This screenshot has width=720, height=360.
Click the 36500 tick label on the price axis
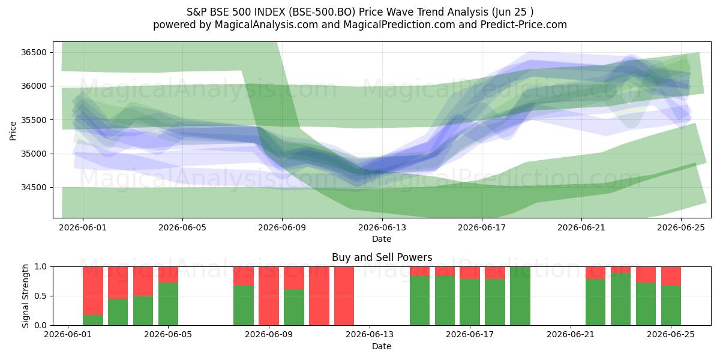[x=34, y=52]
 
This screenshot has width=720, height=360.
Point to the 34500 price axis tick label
[x=34, y=187]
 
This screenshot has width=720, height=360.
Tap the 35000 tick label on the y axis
[x=34, y=154]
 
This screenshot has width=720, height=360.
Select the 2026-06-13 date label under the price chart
[x=382, y=227]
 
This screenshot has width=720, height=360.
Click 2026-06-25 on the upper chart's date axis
[x=681, y=227]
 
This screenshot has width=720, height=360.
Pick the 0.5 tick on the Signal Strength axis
[x=41, y=296]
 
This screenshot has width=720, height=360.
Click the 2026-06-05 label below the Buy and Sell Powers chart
[x=168, y=335]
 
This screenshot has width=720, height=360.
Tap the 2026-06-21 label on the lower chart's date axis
[x=571, y=335]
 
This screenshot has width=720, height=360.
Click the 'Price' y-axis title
[x=13, y=131]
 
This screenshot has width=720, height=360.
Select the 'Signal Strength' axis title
[x=25, y=296]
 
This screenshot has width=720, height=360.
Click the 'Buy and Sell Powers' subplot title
[x=382, y=257]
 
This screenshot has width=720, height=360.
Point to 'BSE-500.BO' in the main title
[x=322, y=12]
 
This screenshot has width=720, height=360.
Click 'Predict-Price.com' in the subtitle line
[x=524, y=25]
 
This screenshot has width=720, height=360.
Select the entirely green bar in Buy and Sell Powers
[x=520, y=296]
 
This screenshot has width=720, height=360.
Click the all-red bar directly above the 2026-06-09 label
[x=269, y=296]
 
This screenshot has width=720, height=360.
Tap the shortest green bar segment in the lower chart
[x=93, y=320]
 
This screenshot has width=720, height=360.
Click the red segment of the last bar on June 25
[x=671, y=276]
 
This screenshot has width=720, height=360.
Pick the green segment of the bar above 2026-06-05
[x=168, y=304]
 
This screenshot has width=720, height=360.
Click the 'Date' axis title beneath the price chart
[x=382, y=239]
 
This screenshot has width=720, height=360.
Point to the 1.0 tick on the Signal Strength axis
[x=41, y=267]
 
